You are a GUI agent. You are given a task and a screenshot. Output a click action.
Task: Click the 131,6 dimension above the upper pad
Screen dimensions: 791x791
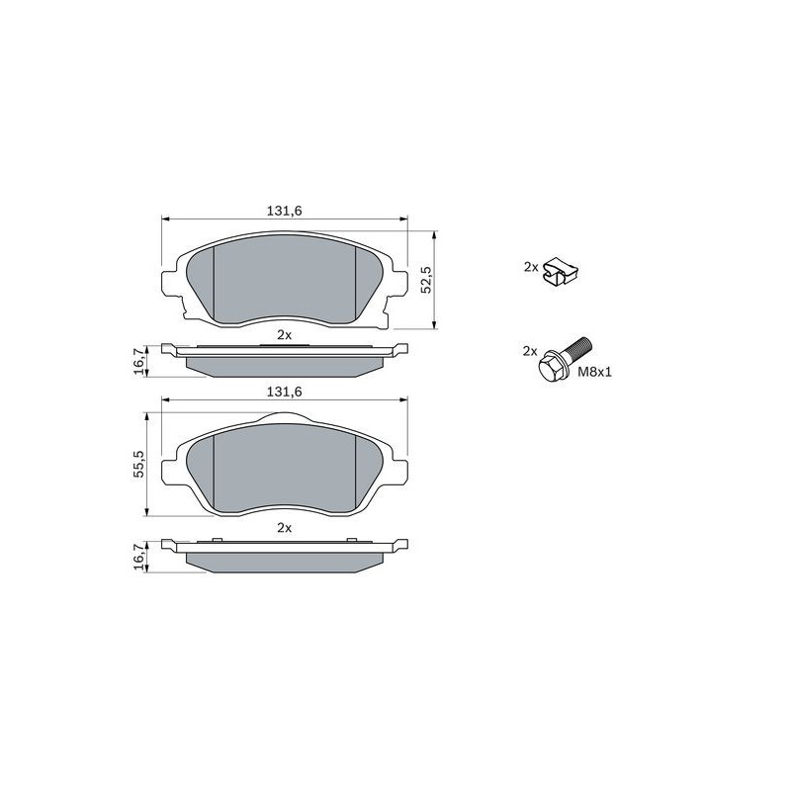tap(284, 211)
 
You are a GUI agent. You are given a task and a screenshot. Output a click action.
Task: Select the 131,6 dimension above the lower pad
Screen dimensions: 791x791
tap(284, 392)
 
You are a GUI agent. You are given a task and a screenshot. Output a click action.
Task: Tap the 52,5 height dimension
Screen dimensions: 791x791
tap(427, 280)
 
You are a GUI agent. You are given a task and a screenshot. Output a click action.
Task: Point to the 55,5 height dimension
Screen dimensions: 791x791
tap(139, 463)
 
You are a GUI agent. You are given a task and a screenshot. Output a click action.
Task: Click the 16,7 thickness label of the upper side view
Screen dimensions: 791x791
tap(139, 360)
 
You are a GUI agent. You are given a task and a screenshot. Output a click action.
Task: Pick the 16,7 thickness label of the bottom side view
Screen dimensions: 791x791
tap(139, 557)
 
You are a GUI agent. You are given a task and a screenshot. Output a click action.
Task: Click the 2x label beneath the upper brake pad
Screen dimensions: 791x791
tap(285, 334)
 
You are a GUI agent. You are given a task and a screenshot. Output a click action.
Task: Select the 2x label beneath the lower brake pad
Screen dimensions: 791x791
tap(285, 528)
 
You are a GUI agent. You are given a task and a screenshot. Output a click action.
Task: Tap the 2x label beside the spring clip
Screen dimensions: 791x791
tap(531, 267)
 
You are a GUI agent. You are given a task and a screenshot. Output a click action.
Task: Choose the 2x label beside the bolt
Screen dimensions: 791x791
tap(530, 351)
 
